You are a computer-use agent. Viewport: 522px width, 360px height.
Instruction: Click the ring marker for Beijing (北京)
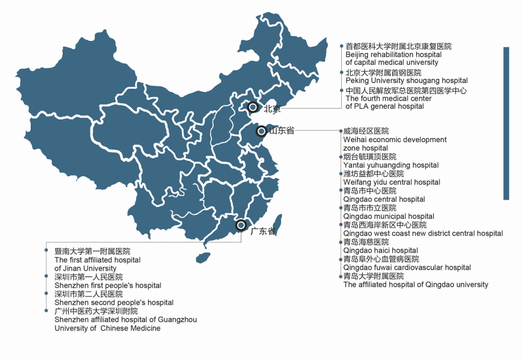pyautogui.click(x=254, y=106)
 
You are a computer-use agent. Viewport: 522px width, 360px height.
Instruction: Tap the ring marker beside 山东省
pyautogui.click(x=261, y=131)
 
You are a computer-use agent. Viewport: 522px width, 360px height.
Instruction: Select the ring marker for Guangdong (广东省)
pyautogui.click(x=241, y=225)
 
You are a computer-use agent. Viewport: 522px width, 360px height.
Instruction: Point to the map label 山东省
pyautogui.click(x=281, y=131)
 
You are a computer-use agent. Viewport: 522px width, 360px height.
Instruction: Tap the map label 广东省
pyautogui.click(x=263, y=231)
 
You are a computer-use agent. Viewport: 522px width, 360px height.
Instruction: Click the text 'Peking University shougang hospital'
pyautogui.click(x=406, y=81)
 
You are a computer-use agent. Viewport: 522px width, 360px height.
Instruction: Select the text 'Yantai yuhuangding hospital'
pyautogui.click(x=391, y=165)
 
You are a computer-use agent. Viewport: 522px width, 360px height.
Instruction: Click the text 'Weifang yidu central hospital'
pyautogui.click(x=391, y=182)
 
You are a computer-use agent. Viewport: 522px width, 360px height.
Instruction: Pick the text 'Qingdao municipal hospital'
pyautogui.click(x=388, y=216)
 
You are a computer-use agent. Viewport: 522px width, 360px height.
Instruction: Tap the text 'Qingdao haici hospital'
pyautogui.click(x=380, y=250)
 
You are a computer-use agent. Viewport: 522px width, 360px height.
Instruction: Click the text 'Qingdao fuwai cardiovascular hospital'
pyautogui.click(x=407, y=267)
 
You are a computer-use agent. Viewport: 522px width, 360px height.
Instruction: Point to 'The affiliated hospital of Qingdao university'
pyautogui.click(x=415, y=284)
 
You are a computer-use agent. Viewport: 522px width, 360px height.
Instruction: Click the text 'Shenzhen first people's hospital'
pyautogui.click(x=107, y=285)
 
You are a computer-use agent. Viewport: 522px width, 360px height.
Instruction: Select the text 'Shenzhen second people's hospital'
pyautogui.click(x=114, y=303)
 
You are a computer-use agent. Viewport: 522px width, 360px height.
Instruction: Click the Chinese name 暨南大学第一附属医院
pyautogui.click(x=92, y=251)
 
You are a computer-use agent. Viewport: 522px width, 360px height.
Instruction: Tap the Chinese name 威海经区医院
pyautogui.click(x=366, y=131)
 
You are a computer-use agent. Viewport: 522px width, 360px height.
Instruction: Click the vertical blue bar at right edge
pyautogui.click(x=505, y=123)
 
